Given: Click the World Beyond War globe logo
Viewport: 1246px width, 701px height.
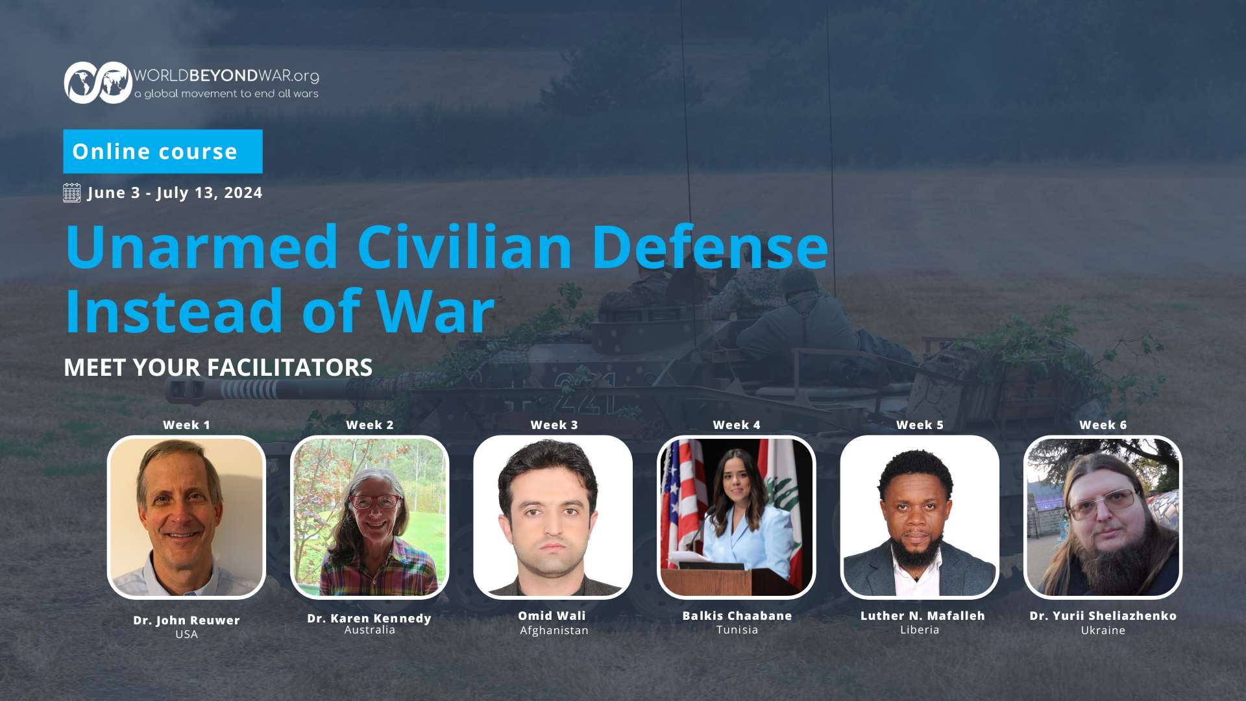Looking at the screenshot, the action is pos(98,82).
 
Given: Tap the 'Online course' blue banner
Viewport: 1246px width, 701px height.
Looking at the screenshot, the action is pos(163,151).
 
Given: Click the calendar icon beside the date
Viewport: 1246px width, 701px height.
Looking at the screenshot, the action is pos(72,193).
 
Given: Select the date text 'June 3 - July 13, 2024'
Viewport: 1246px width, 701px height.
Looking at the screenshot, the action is pos(175,193).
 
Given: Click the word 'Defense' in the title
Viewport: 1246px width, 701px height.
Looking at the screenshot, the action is pos(710,247).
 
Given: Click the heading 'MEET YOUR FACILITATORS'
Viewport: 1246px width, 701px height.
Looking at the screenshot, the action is pos(218,367).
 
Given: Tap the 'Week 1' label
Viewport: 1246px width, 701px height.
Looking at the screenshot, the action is pos(186,425).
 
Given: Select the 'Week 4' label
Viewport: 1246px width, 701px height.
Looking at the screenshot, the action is pos(737,425).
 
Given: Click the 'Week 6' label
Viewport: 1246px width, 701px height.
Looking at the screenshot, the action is pos(1103,425).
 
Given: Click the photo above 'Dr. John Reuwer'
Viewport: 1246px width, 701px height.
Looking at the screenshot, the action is pos(186,517).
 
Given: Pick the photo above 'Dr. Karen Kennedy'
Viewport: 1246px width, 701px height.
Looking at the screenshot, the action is pos(370,517).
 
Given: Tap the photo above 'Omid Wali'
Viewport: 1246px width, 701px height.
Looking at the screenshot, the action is pos(553,517).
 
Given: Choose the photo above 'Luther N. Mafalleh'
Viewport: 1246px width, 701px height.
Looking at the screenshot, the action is pos(920,517).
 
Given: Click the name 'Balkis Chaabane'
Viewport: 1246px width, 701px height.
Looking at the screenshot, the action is pos(737,616).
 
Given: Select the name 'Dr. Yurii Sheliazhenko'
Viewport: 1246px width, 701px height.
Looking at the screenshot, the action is pos(1103,616).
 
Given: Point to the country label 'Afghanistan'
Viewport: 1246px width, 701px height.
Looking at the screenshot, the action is pos(554,630).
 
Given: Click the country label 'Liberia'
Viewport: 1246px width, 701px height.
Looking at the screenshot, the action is pos(920,630).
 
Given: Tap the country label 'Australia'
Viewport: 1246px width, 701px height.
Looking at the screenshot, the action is pos(370,630).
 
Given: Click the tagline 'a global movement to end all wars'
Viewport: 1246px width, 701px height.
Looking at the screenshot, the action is pos(226,94).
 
